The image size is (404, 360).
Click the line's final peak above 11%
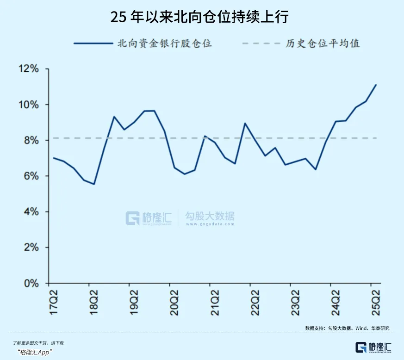376,85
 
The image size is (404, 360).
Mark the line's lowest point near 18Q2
94,184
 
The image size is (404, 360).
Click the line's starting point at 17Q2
54,158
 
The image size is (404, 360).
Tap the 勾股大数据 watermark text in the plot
210,216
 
